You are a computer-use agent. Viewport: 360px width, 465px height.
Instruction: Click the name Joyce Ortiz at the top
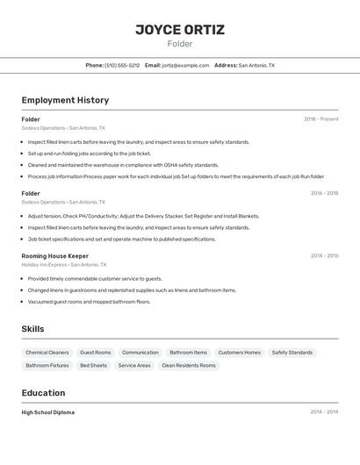[180, 30]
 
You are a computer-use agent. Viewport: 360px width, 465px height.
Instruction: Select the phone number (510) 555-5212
[122, 65]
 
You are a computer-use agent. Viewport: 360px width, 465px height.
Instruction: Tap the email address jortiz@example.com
[185, 65]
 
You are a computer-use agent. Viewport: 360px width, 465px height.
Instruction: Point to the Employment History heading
[65, 100]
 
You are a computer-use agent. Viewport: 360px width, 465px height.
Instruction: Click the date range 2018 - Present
[321, 119]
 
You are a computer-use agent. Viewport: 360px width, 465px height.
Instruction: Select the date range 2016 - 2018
[324, 193]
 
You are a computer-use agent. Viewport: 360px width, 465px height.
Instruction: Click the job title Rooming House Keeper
[55, 255]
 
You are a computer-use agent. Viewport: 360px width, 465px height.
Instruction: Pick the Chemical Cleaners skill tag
[47, 353]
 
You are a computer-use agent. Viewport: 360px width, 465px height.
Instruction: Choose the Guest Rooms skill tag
[96, 353]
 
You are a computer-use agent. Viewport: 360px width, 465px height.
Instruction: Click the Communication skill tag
[140, 353]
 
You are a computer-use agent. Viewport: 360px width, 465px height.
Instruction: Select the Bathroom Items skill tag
[189, 353]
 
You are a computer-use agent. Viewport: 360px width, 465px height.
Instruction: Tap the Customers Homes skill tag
[240, 353]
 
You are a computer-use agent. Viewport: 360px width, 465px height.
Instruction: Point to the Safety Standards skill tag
[292, 353]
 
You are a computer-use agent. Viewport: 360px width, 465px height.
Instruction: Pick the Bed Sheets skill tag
[93, 365]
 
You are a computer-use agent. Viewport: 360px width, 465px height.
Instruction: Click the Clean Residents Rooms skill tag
[189, 365]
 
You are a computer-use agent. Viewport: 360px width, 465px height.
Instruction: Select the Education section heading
[44, 393]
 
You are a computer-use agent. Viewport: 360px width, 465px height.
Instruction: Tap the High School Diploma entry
[48, 412]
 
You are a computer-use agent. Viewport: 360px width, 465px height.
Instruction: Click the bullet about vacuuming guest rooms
[89, 302]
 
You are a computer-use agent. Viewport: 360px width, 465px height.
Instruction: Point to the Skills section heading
[33, 329]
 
